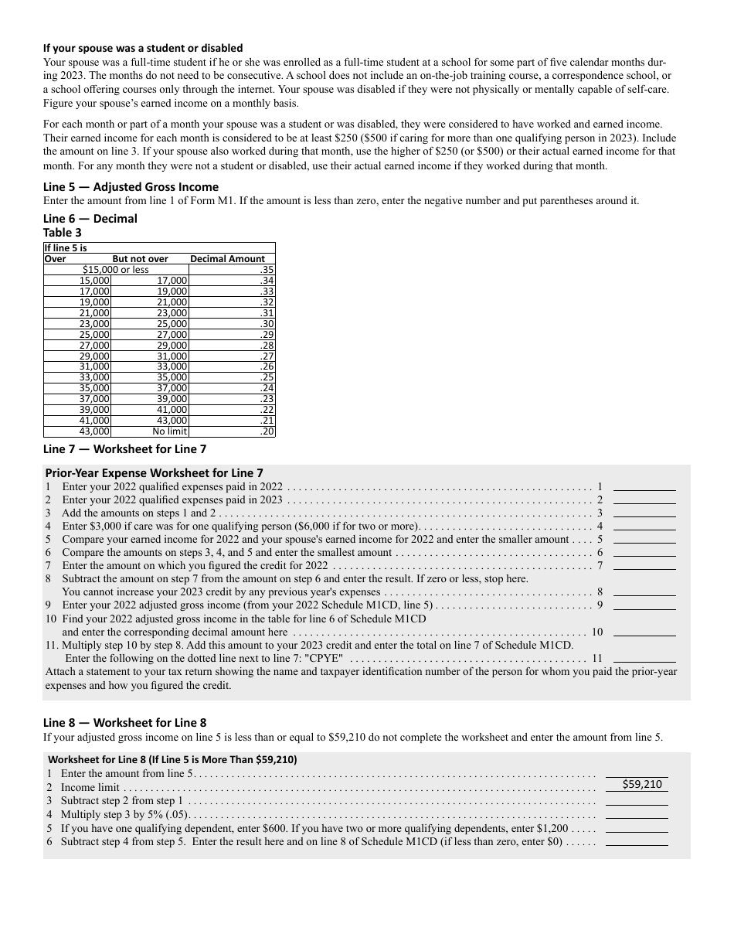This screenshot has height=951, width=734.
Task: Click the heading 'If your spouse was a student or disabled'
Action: pyautogui.click(x=143, y=48)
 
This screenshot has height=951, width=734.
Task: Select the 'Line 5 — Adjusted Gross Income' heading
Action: pyautogui.click(x=131, y=187)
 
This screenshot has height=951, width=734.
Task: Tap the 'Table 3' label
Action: pyautogui.click(x=63, y=232)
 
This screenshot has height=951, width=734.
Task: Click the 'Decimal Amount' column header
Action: pyautogui.click(x=227, y=259)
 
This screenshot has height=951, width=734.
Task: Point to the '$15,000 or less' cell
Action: pyautogui.click(x=116, y=270)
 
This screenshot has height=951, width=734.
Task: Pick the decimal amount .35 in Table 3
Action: pyautogui.click(x=267, y=270)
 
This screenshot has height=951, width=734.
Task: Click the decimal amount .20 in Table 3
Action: pyautogui.click(x=267, y=431)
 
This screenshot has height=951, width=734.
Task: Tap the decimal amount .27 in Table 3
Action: pyautogui.click(x=267, y=356)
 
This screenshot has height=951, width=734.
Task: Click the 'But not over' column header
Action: pyautogui.click(x=140, y=259)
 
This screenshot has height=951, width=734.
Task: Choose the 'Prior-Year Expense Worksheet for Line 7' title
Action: pyautogui.click(x=154, y=473)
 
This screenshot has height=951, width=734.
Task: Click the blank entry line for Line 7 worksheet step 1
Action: pyautogui.click(x=644, y=486)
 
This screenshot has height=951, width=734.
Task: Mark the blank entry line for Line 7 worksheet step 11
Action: pyautogui.click(x=644, y=658)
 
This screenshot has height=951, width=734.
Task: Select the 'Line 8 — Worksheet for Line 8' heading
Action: pyautogui.click(x=124, y=723)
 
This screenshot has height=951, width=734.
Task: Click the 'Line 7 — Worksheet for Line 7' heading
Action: pyautogui.click(x=124, y=448)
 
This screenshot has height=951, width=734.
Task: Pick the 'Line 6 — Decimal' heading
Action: pyautogui.click(x=90, y=219)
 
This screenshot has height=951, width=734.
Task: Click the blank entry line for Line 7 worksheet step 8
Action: pyautogui.click(x=644, y=591)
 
